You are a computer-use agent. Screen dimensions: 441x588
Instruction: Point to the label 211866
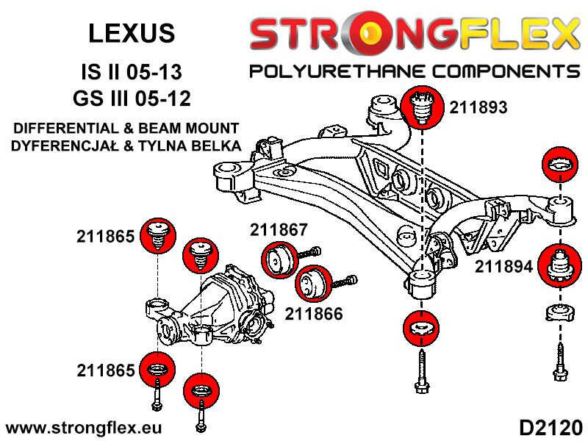(x=314, y=314)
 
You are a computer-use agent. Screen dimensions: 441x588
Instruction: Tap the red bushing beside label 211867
(x=279, y=262)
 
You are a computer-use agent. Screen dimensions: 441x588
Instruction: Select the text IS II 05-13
(x=131, y=73)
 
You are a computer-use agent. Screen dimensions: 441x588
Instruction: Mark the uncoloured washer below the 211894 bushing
(x=560, y=312)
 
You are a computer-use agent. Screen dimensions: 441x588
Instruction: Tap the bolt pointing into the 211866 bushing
(x=346, y=281)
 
